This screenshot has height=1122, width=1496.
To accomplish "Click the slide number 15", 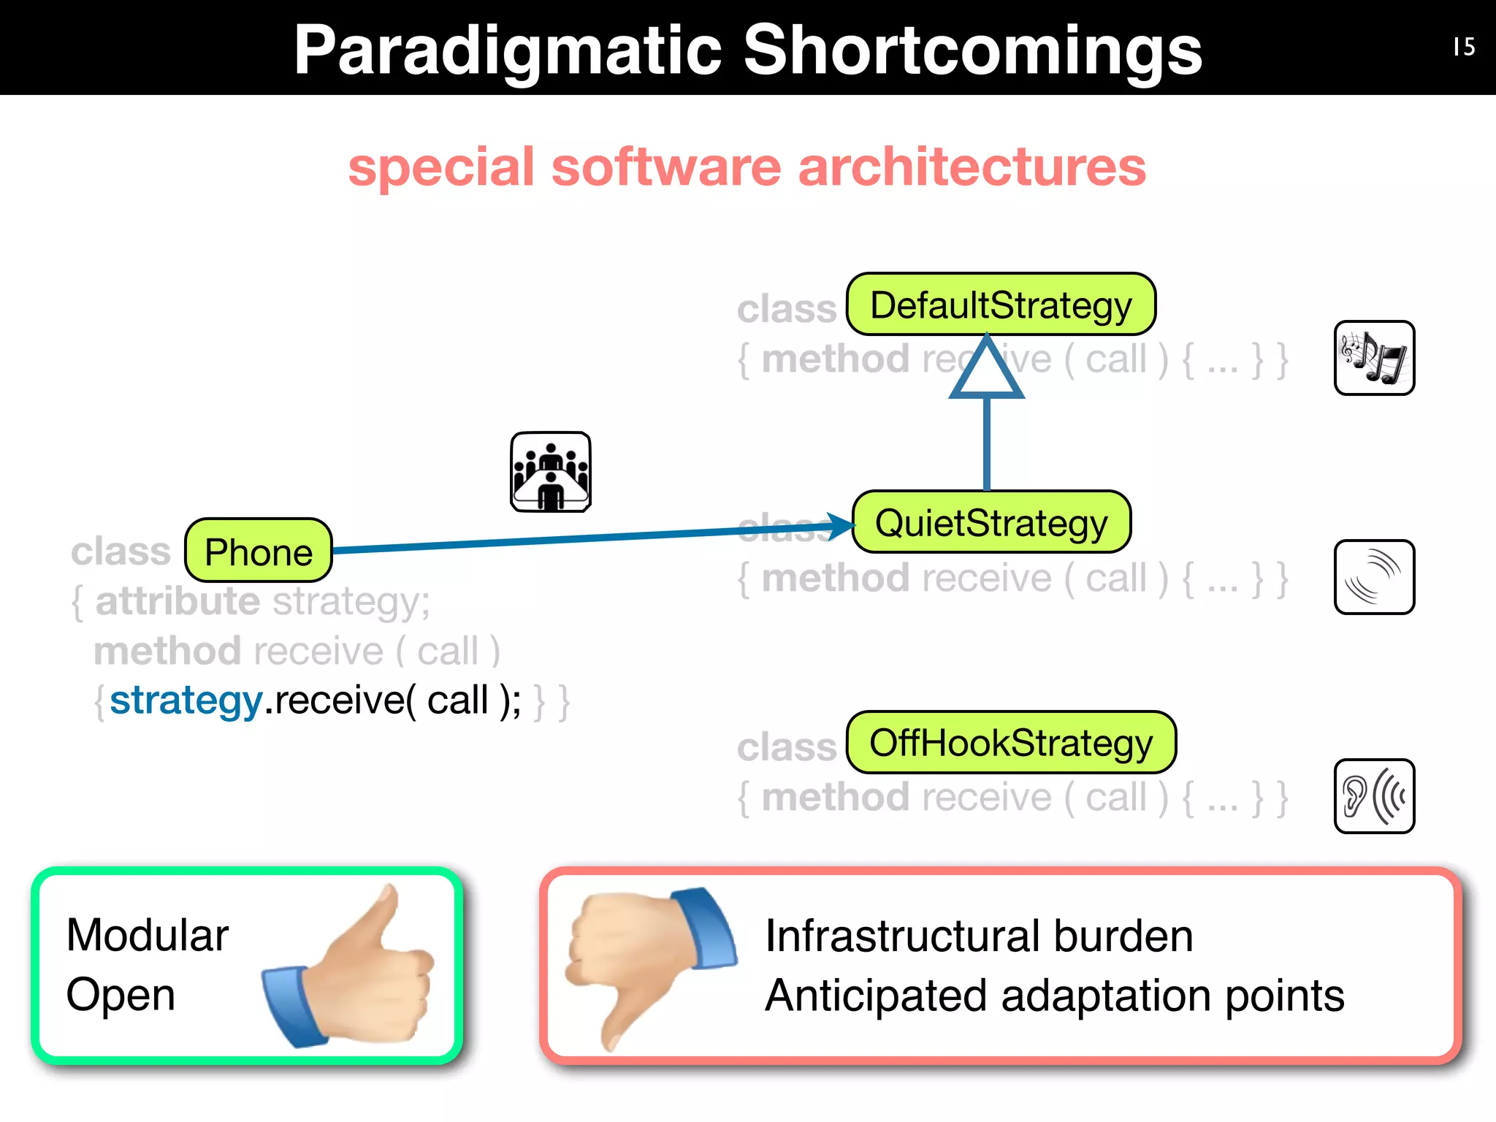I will coord(1464,47).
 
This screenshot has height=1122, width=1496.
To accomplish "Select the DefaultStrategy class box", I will coord(1001,305).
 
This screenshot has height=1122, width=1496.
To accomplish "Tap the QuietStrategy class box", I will coord(991,522).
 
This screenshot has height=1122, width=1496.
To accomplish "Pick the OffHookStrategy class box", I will coord(1011,743).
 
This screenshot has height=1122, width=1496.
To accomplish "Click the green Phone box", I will coord(259,551).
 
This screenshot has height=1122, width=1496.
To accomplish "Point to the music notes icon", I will coord(1374,358).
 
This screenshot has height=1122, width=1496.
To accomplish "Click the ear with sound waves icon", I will coord(1374,796).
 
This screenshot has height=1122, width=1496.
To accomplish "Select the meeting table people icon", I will coord(551,472).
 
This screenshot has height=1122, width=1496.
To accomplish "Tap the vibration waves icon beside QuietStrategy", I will coord(1374,577).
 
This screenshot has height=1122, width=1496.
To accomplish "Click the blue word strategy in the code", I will coord(186,701).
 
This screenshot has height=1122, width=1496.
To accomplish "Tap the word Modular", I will coord(148,935).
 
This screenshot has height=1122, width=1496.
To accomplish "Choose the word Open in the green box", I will coord(121,994).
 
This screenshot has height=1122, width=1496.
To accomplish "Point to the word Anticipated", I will coord(875,996).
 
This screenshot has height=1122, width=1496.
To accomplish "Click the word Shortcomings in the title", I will coord(972,50).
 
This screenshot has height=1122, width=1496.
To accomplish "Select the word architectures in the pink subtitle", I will coord(972,167).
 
